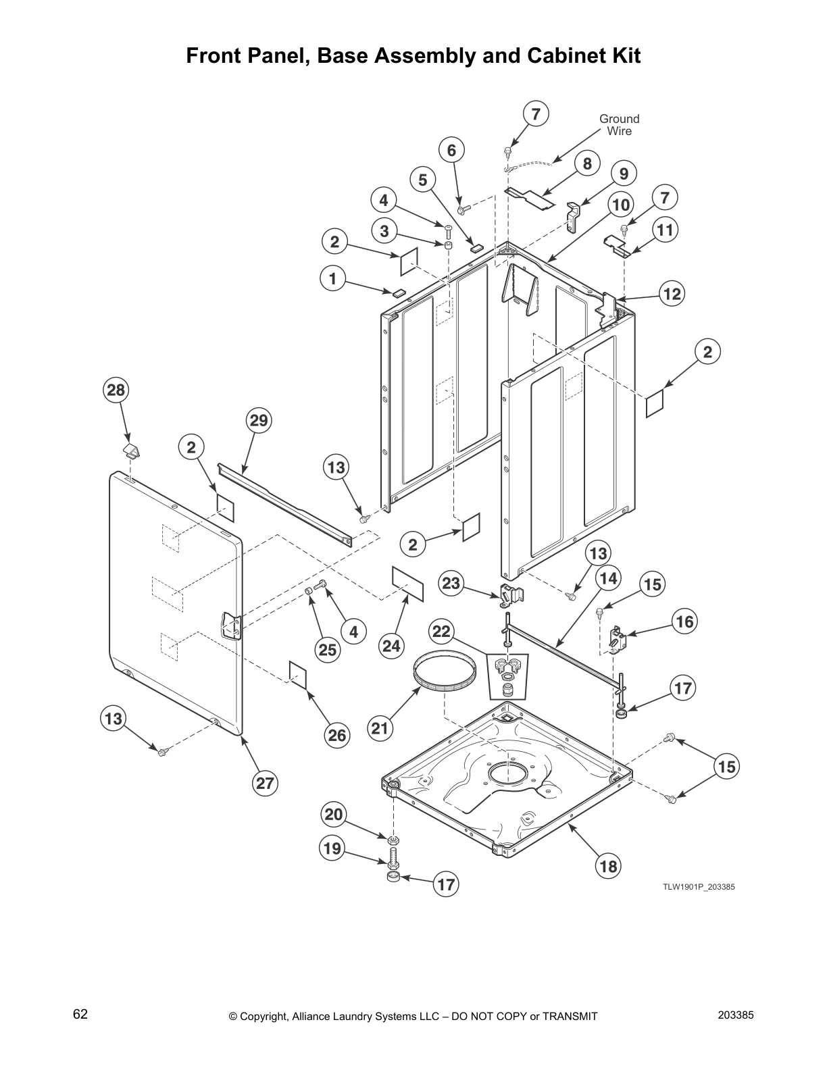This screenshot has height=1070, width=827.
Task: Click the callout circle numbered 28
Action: click(116, 390)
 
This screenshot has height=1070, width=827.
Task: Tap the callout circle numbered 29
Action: click(259, 421)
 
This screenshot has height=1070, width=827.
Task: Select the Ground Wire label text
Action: click(619, 125)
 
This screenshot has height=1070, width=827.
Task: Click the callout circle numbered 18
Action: click(608, 866)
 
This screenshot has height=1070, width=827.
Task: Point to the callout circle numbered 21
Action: click(380, 728)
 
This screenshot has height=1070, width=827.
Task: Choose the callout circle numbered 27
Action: click(265, 783)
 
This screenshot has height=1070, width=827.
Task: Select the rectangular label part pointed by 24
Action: click(407, 584)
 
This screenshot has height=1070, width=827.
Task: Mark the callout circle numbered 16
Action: click(684, 621)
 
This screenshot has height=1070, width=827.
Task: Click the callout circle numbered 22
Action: click(441, 632)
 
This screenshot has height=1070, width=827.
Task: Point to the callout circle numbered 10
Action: click(620, 204)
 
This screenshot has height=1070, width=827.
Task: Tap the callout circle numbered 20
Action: click(334, 815)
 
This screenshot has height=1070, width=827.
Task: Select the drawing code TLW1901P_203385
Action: click(698, 887)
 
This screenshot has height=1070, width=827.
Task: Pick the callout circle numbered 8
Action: click(587, 163)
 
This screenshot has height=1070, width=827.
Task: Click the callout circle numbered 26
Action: click(337, 735)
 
